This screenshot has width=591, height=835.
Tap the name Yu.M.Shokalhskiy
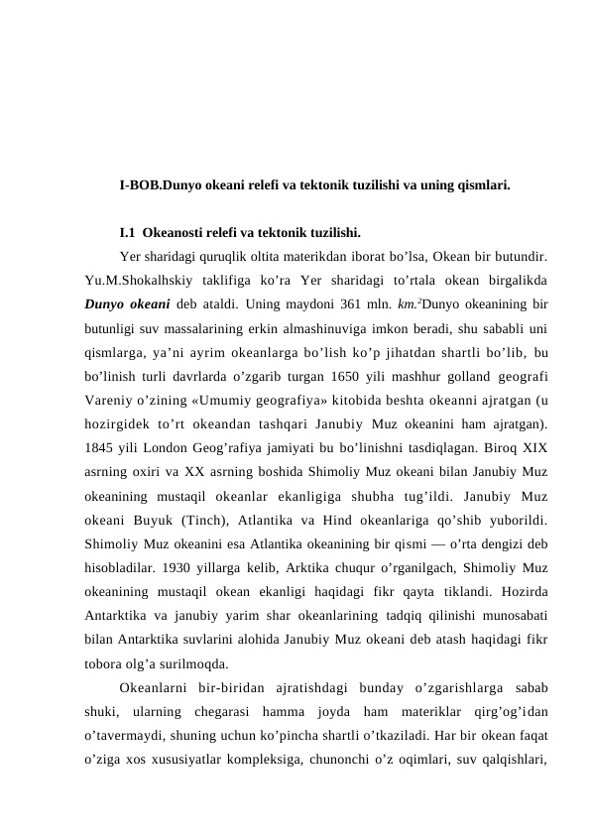pos(136,280)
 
